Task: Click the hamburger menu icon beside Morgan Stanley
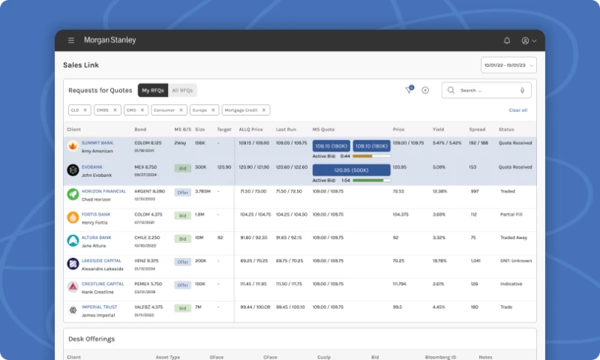[71, 40]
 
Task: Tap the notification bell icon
[507, 40]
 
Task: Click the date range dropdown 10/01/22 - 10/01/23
[509, 65]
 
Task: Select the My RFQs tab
[153, 90]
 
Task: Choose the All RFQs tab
[182, 90]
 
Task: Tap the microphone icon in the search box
[522, 90]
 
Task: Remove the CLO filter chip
[85, 110]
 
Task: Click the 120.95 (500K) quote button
[352, 169]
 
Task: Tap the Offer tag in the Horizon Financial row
[182, 192]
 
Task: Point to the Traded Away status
[514, 238]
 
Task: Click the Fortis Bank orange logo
[73, 217]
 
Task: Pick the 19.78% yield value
[439, 261]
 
